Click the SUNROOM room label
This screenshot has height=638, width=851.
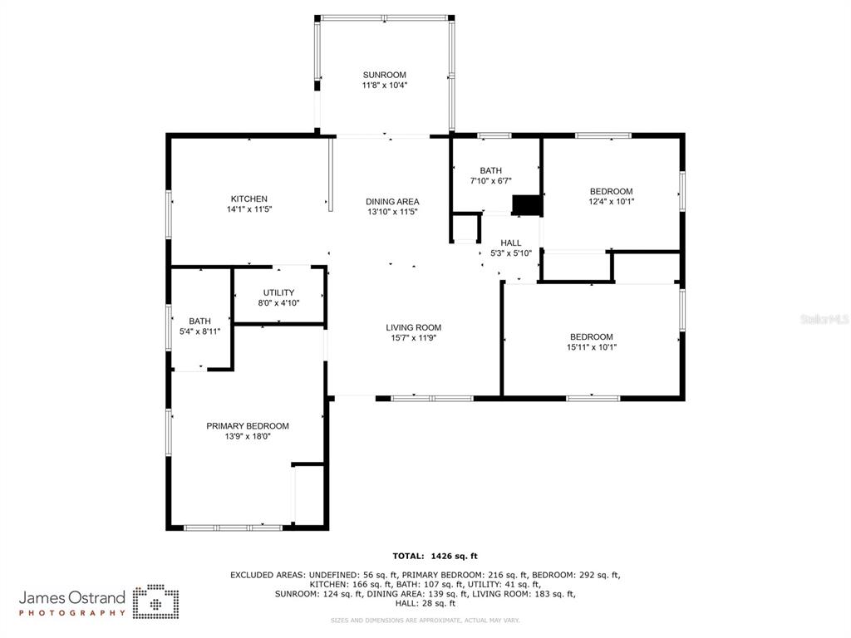pyautogui.click(x=384, y=75)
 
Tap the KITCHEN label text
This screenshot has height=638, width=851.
pyautogui.click(x=249, y=199)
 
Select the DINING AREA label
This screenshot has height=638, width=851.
pyautogui.click(x=392, y=202)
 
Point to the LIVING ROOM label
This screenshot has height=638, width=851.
pyautogui.click(x=414, y=327)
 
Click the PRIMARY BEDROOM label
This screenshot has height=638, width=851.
pyautogui.click(x=248, y=426)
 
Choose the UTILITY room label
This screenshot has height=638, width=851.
pyautogui.click(x=279, y=293)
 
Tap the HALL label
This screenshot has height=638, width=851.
pyautogui.click(x=511, y=243)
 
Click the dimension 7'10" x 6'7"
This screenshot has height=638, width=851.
pyautogui.click(x=490, y=180)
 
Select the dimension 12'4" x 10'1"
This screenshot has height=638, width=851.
pyautogui.click(x=612, y=201)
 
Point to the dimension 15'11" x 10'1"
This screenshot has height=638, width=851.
pyautogui.click(x=592, y=347)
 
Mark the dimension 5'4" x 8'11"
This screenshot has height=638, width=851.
pyautogui.click(x=199, y=331)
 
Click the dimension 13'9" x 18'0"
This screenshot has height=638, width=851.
pyautogui.click(x=248, y=437)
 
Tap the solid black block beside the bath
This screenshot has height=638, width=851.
pyautogui.click(x=528, y=206)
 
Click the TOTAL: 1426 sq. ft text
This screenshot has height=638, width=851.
pyautogui.click(x=435, y=556)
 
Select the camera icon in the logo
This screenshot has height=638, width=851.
pyautogui.click(x=156, y=601)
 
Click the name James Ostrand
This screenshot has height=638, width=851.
pyautogui.click(x=72, y=598)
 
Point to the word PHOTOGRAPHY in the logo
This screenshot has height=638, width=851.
pyautogui.click(x=72, y=613)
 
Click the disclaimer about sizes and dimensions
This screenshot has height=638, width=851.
pyautogui.click(x=425, y=620)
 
